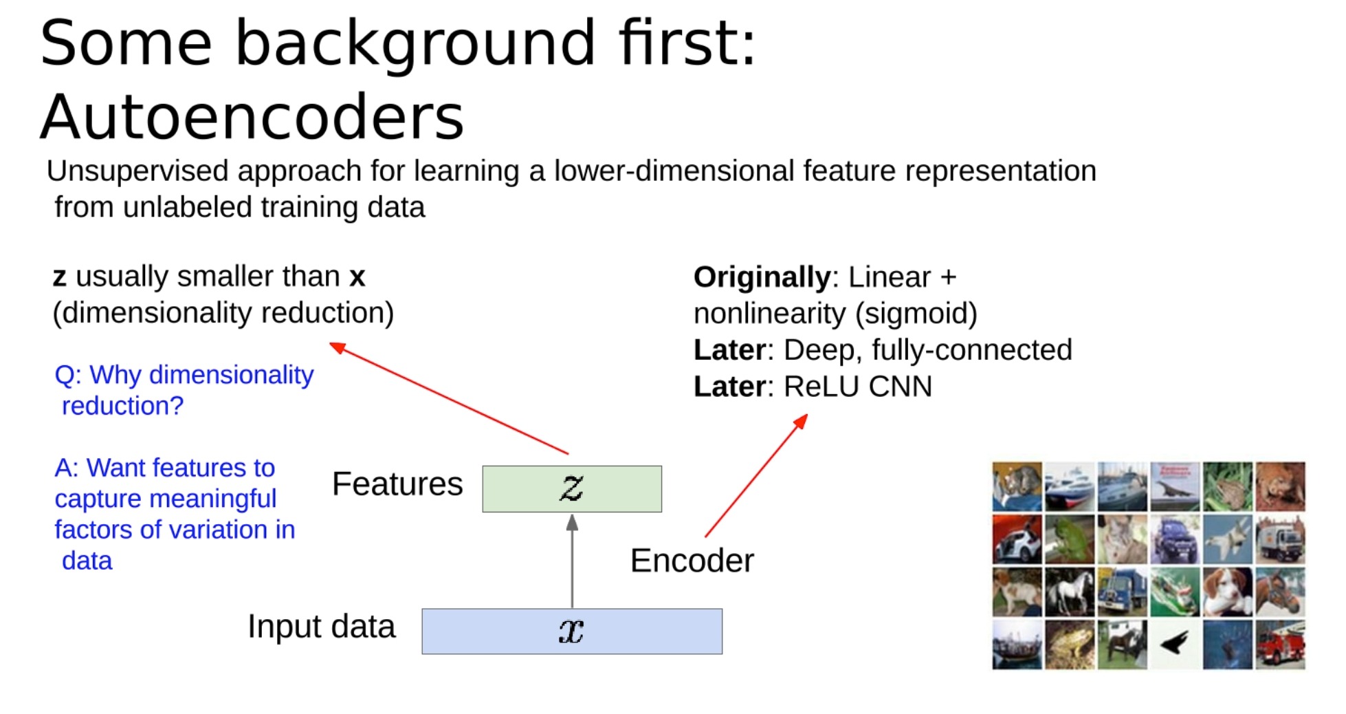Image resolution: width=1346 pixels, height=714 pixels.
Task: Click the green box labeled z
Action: click(x=571, y=488)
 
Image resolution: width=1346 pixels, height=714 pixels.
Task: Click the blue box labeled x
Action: click(x=571, y=631)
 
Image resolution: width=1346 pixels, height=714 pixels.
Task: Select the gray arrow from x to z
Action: click(x=572, y=561)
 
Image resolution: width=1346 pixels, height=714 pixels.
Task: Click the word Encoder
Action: click(x=692, y=561)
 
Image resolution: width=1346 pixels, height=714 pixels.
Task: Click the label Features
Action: click(x=397, y=484)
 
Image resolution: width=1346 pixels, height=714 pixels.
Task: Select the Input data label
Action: click(x=321, y=626)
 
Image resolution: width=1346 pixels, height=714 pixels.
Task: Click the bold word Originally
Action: click(x=762, y=277)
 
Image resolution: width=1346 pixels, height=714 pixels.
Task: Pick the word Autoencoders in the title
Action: click(x=252, y=116)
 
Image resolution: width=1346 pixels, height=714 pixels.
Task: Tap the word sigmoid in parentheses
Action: click(x=916, y=314)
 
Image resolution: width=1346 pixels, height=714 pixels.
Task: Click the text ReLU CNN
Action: click(x=858, y=387)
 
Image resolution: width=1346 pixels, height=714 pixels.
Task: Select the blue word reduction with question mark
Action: click(x=122, y=406)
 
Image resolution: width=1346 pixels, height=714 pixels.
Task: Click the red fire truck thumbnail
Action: click(x=1280, y=645)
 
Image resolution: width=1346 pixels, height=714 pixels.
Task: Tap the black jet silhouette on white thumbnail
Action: click(x=1175, y=645)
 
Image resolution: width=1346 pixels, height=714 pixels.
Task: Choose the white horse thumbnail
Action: click(x=1070, y=592)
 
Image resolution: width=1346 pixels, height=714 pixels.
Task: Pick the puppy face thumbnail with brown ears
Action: click(x=1228, y=592)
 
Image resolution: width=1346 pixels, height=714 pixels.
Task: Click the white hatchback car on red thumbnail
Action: click(x=1017, y=540)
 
